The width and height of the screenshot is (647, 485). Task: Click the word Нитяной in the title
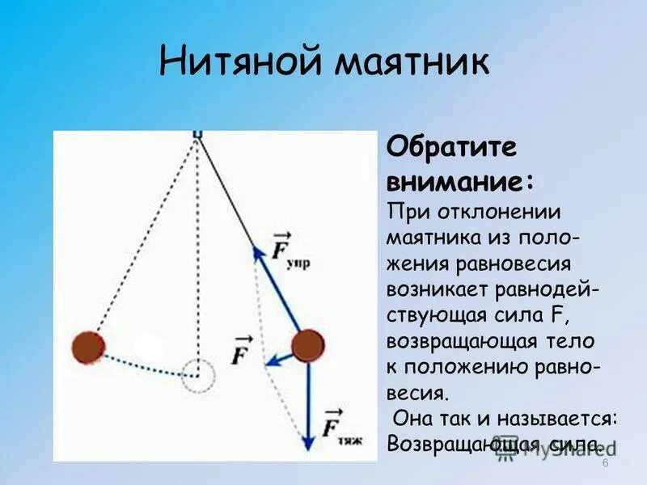click(x=226, y=62)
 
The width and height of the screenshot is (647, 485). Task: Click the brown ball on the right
click(x=307, y=346)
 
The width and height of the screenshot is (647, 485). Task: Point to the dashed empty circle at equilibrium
click(x=197, y=376)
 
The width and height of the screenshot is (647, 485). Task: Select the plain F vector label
click(x=241, y=353)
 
